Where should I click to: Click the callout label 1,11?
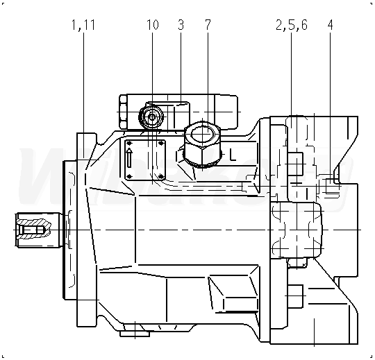coord(83,25)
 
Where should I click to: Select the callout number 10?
coord(152,24)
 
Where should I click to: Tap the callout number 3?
coord(181,24)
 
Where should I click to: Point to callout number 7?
coord(208,24)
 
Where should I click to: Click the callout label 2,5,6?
coord(292,25)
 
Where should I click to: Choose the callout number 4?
coord(331,24)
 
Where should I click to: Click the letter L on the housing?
coord(233,155)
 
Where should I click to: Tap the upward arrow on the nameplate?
coord(129,157)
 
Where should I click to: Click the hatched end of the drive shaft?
coord(34,230)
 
